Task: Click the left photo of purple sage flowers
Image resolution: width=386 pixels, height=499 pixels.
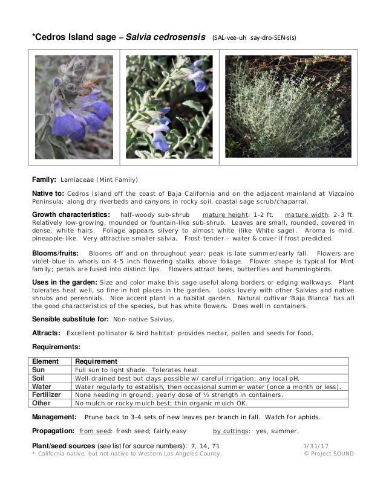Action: pos(73,107)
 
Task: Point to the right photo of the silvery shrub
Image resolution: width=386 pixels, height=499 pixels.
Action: pos(287,107)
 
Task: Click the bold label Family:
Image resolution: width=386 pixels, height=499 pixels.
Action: pos(44,180)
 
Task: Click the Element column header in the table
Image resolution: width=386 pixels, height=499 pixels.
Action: pos(47,361)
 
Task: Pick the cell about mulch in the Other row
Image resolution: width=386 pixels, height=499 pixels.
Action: pos(160,402)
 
